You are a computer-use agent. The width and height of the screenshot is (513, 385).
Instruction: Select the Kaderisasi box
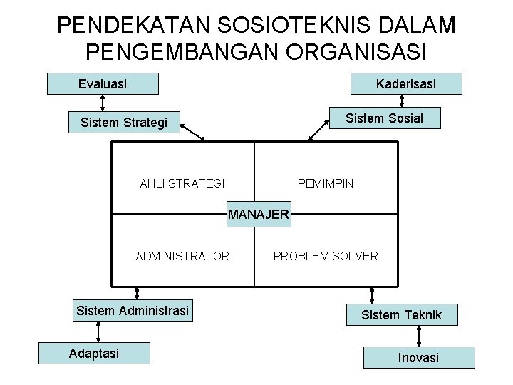tap(406, 84)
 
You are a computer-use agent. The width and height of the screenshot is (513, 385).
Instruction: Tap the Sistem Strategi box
tap(124, 123)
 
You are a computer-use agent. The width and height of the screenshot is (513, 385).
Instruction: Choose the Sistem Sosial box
tap(383, 118)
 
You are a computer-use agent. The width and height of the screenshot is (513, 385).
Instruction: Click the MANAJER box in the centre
tap(259, 214)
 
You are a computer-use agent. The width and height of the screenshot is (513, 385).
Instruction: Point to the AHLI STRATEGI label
tap(182, 183)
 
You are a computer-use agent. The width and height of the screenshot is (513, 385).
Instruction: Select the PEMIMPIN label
tap(325, 183)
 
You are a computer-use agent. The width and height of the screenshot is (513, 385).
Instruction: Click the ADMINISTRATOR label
tap(182, 255)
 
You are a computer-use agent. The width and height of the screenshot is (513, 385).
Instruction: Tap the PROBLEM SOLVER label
tap(326, 255)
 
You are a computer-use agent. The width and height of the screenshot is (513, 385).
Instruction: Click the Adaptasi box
tap(94, 353)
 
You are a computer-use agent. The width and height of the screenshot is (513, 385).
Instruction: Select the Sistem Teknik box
tap(401, 314)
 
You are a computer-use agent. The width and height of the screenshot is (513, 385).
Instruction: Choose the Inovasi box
tap(419, 357)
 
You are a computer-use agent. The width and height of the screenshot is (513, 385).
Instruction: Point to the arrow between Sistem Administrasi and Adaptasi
tap(98, 332)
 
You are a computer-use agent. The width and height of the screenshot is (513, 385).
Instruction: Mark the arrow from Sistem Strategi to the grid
tap(192, 132)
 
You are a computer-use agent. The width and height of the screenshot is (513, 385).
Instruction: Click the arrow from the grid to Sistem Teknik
tap(371, 294)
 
